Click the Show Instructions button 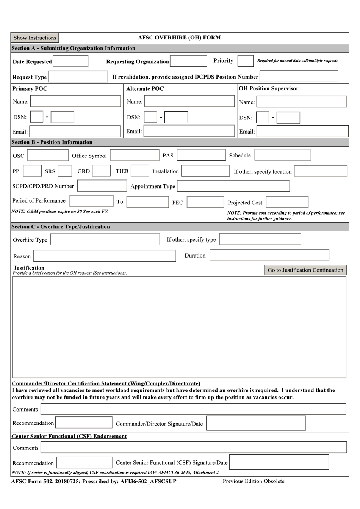[x=34, y=38]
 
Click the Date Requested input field [x=70, y=61]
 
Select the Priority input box [x=245, y=61]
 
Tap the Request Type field [x=78, y=77]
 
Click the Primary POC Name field [x=75, y=101]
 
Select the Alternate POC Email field [x=189, y=131]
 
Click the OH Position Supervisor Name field [x=302, y=101]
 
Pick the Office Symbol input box [x=135, y=155]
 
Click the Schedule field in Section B [x=283, y=155]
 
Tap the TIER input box [x=140, y=171]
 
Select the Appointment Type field [x=233, y=186]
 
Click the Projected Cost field [x=287, y=202]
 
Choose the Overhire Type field [x=105, y=239]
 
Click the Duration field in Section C [x=269, y=255]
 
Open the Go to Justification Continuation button [x=305, y=270]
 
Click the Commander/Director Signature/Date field [x=256, y=423]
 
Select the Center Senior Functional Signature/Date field [x=279, y=462]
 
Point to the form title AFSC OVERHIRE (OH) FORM [x=179, y=38]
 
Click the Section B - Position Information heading [x=52, y=142]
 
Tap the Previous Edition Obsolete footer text [x=253, y=481]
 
